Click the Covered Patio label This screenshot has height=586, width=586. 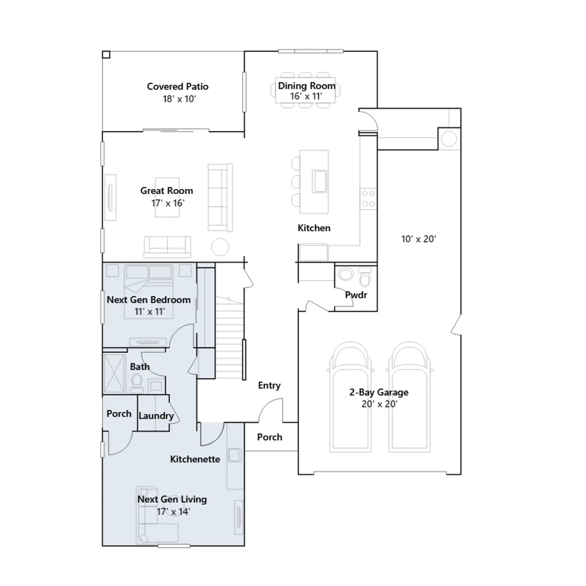coord(178,86)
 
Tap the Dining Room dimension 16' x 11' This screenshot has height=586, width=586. coord(306,96)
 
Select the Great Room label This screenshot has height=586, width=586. coord(167,191)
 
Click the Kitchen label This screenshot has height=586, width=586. coord(314,228)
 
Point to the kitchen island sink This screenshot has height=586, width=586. coord(319,181)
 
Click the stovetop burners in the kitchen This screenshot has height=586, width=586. coord(368,199)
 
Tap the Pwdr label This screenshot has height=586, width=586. coord(356,295)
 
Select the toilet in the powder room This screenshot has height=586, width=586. coord(365,277)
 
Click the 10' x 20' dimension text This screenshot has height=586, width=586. coord(419,239)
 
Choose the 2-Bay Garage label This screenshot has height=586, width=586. coord(379,392)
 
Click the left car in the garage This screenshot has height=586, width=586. coord(350,397)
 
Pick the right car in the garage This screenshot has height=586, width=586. coord(409,397)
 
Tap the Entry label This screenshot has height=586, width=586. coord(269,385)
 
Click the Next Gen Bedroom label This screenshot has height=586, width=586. coord(149,300)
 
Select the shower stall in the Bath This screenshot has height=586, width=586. coord(114,373)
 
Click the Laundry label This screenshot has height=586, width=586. coord(156,416)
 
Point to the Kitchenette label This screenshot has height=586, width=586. coord(195,459)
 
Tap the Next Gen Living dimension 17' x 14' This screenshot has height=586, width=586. coord(173,512)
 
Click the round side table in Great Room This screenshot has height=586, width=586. coord(220,247)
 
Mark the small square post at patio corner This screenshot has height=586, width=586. coord(106,55)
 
